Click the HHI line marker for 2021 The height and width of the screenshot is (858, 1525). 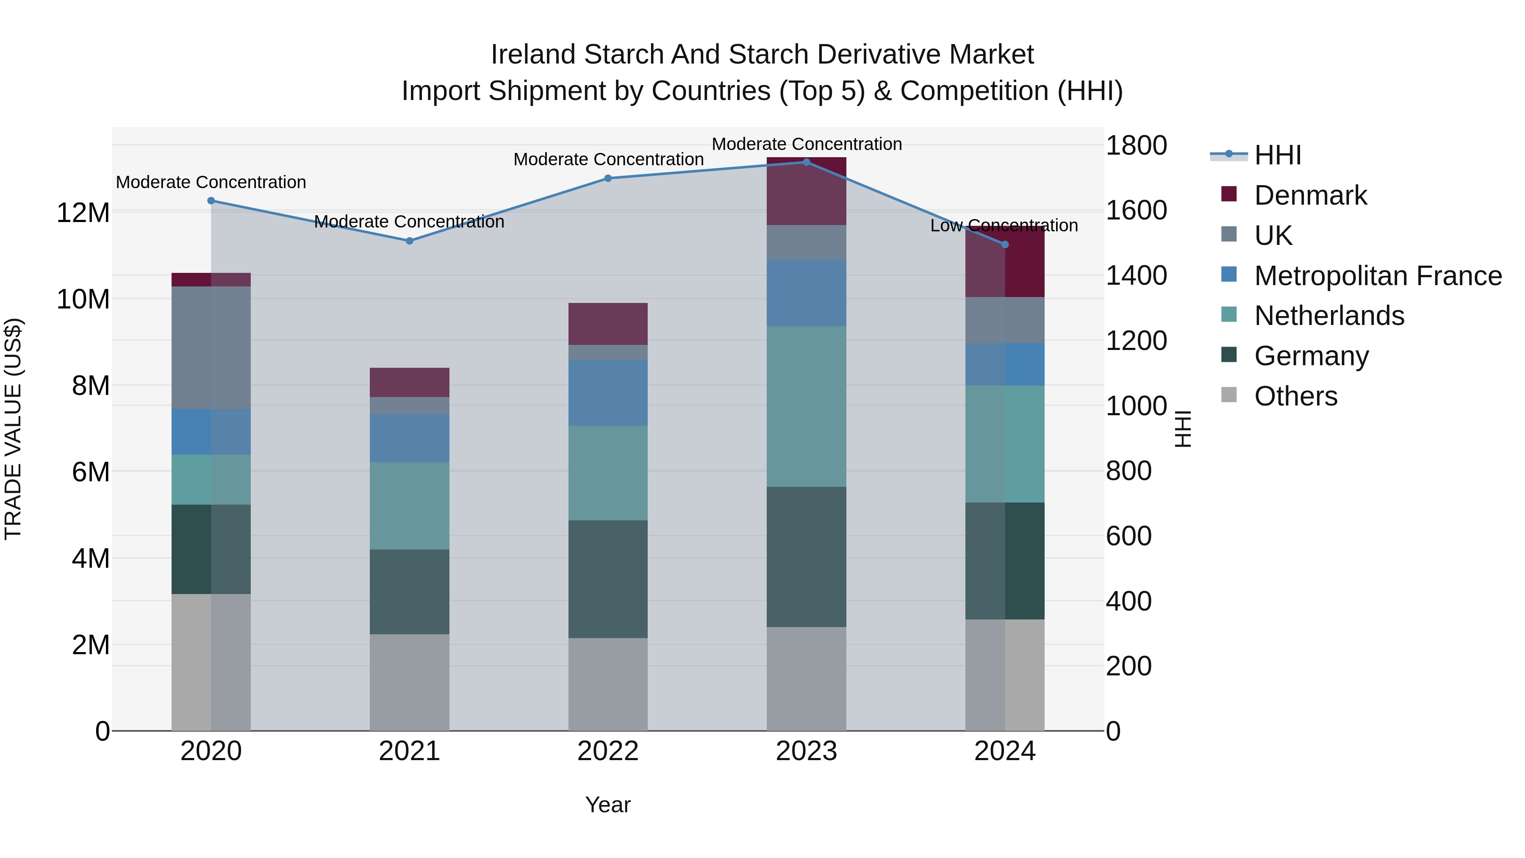point(409,241)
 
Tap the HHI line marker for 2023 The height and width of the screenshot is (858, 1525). point(806,162)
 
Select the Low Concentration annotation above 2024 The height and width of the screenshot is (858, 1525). point(1004,225)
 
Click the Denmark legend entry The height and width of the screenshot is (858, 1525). point(1310,195)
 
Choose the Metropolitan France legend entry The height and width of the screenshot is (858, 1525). point(1378,276)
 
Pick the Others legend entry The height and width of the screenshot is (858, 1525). point(1295,396)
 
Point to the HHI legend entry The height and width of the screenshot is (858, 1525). point(1278,155)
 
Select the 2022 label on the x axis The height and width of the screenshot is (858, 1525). point(607,751)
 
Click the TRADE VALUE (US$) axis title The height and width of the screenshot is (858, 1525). point(14,429)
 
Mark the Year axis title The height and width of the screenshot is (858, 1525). point(607,805)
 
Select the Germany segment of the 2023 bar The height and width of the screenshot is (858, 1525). point(806,557)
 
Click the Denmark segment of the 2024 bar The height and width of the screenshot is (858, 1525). point(1005,262)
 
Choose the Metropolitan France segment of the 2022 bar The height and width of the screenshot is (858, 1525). point(607,393)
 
